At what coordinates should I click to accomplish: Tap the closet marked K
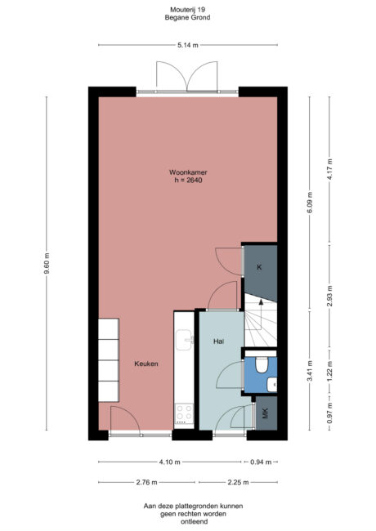tap(260, 268)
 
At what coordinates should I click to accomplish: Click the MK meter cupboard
tap(266, 416)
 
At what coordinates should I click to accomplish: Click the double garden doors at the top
tap(188, 78)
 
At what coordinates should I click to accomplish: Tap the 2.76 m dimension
tap(147, 483)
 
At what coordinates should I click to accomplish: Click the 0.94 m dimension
tap(262, 461)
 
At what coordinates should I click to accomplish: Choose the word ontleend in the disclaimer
tap(188, 522)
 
